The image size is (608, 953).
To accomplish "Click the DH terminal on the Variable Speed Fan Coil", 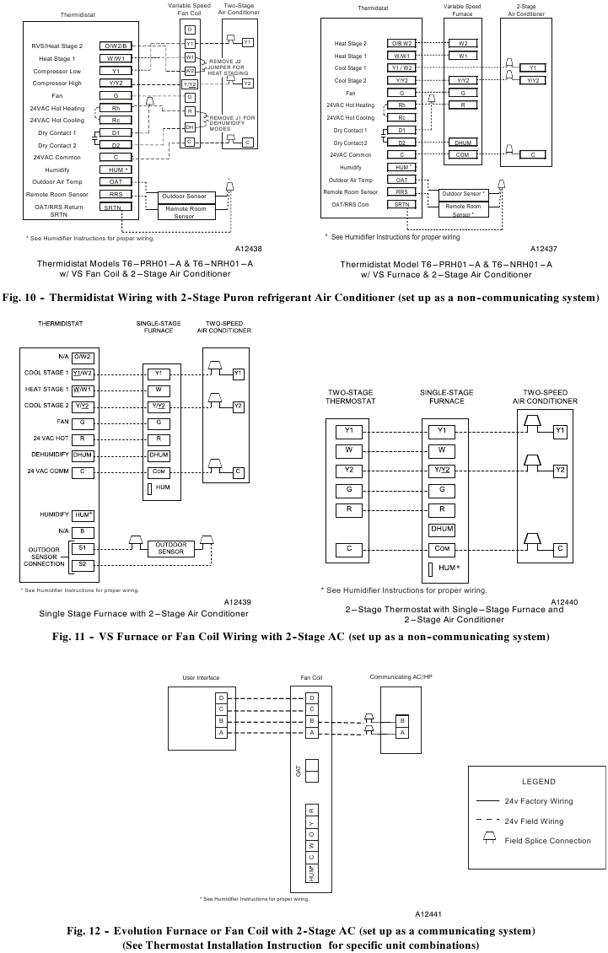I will tap(190, 127).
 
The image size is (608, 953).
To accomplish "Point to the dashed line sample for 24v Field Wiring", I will tap(487, 821).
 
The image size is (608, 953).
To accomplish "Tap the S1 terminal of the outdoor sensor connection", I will tap(83, 547).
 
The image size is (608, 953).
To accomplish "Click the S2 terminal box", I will tap(83, 563).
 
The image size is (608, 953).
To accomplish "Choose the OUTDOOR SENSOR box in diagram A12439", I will tap(170, 548).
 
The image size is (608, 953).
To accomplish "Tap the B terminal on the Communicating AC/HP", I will tap(402, 720).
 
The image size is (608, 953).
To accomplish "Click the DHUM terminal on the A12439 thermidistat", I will tap(83, 455).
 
